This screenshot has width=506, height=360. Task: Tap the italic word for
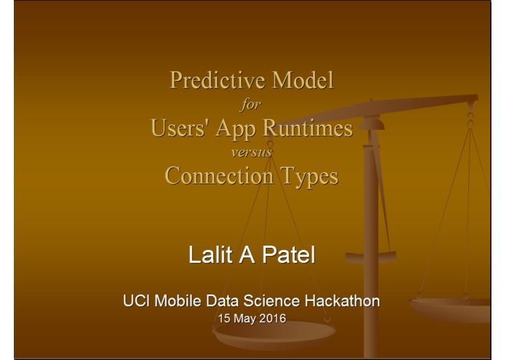pos(251,104)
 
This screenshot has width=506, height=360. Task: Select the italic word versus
pos(251,152)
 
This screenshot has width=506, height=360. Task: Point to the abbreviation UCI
pos(134,300)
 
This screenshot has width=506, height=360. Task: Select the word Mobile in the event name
pos(176,300)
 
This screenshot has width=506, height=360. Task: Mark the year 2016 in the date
pos(272,318)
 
